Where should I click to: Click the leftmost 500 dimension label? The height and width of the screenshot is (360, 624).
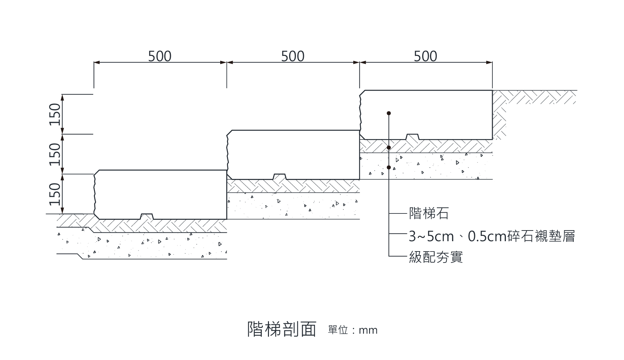tap(160, 56)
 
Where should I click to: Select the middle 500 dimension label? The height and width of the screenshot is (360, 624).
tap(293, 56)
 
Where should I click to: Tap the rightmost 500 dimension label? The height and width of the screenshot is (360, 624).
tap(425, 56)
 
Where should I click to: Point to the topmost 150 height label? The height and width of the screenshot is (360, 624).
tap(55, 114)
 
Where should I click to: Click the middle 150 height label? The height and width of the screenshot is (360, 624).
tap(55, 154)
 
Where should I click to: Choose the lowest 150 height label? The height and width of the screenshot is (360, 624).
tap(55, 194)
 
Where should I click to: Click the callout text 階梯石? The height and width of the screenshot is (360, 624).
tap(429, 214)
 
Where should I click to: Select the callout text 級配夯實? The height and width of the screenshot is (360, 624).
tap(436, 256)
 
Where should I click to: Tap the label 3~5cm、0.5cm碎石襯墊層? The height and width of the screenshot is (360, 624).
tap(492, 236)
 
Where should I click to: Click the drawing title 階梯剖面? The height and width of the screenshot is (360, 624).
tap(282, 329)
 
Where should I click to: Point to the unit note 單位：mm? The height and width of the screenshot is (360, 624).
tap(353, 330)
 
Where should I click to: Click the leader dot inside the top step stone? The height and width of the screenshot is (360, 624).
tap(389, 113)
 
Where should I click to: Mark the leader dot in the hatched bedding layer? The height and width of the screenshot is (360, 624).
tap(389, 147)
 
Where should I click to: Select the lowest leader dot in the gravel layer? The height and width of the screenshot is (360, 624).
tap(389, 167)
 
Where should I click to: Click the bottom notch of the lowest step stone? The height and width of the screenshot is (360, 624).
tap(147, 216)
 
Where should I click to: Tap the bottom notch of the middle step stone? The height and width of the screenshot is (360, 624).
tap(279, 176)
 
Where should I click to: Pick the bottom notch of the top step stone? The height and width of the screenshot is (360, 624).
tap(412, 137)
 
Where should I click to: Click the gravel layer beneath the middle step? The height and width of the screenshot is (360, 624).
tap(293, 206)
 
